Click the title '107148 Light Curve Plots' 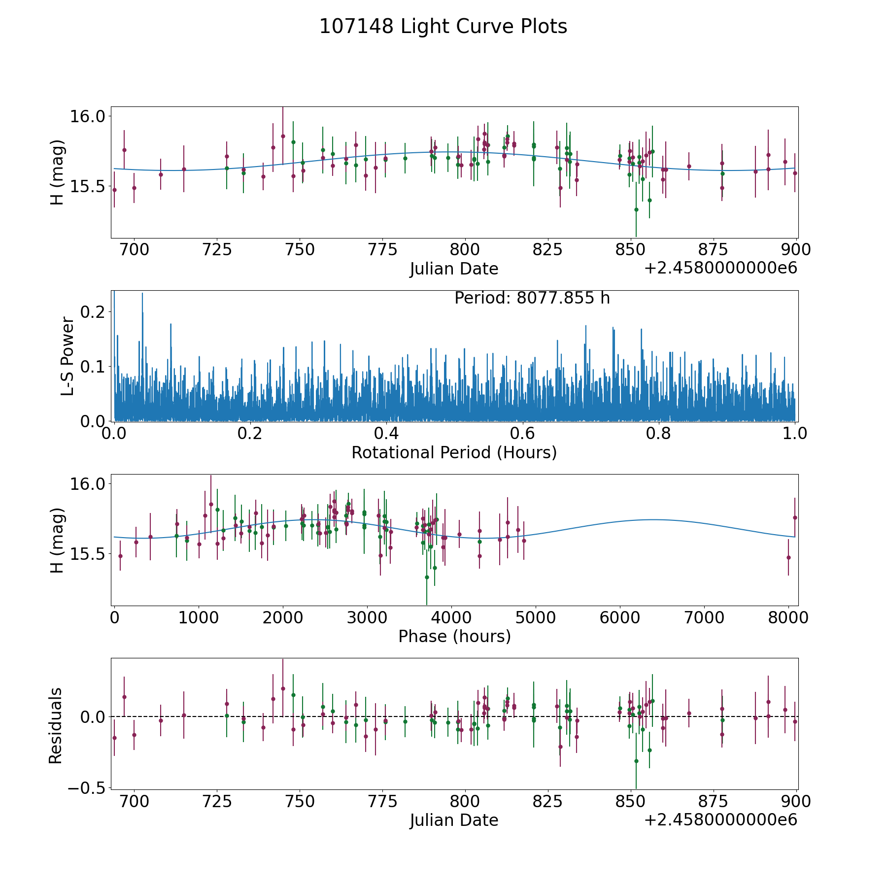443,27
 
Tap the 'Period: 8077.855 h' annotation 532,298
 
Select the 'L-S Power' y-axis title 68,356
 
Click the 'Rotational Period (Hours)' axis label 454,452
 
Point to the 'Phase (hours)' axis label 454,636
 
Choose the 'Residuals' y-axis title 56,725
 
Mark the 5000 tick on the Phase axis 536,617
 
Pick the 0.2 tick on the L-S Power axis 94,312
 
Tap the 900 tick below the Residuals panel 796,801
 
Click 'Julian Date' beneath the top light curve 454,269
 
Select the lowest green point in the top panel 636,209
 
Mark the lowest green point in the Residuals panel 636,761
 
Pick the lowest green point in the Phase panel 427,577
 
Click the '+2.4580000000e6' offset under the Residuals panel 720,820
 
